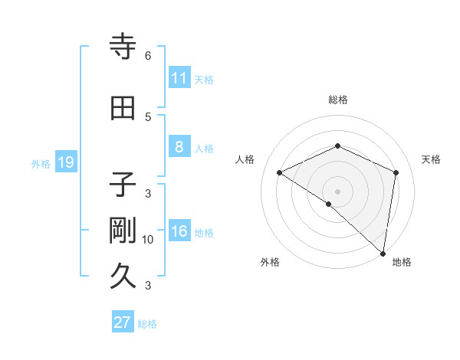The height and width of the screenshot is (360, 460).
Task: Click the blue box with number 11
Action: [x=179, y=78]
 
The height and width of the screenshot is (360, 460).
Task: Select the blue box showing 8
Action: [x=179, y=147]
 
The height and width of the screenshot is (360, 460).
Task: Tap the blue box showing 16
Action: [x=179, y=231]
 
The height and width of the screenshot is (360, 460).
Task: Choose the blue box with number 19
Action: [x=65, y=162]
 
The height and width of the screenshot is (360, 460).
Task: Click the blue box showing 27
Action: [x=123, y=322]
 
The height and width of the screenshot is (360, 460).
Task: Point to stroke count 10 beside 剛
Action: [x=148, y=240]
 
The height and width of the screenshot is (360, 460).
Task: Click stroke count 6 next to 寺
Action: [x=148, y=56]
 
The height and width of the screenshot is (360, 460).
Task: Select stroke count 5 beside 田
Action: [x=148, y=117]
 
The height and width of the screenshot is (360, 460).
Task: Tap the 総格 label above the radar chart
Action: [x=337, y=100]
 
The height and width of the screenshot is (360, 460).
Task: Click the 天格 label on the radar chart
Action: [x=432, y=159]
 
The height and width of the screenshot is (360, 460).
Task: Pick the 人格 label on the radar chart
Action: [x=245, y=159]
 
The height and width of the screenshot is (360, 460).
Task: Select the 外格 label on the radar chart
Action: [x=270, y=262]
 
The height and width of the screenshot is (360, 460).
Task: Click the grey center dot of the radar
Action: [x=337, y=191]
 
